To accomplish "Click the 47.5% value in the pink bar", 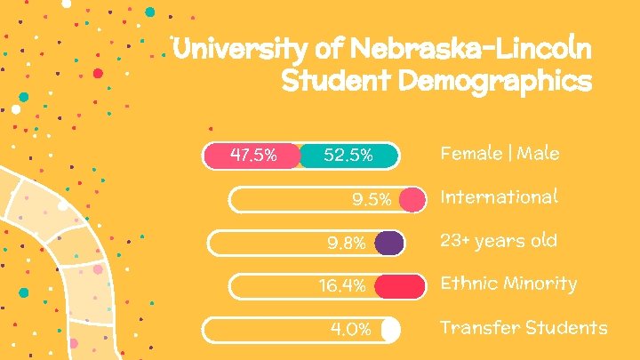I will coord(252,156).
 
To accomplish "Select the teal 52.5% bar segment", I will coord(348,156).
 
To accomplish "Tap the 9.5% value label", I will coord(372,199).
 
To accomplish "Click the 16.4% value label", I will coord(342,286).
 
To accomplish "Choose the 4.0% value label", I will coord(350,330).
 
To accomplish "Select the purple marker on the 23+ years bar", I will coord(388,243).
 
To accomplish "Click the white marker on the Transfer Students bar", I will coord(389,330).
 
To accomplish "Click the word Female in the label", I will coord(470,154).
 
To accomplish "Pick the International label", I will coord(499,196).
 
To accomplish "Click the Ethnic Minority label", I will coord(508,284).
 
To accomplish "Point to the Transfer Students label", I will coord(524,328).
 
